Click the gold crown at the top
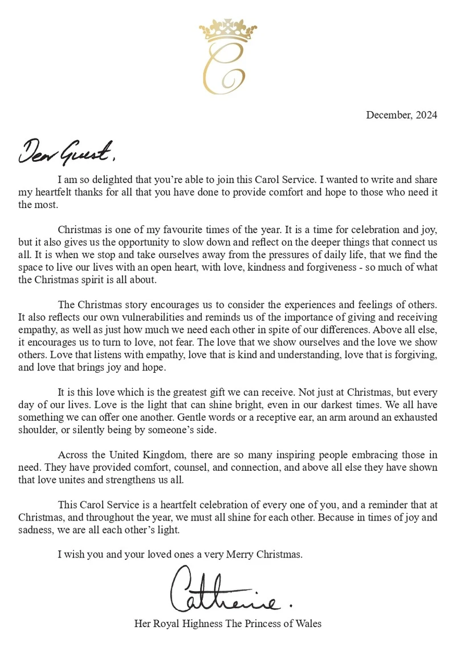pyautogui.click(x=228, y=31)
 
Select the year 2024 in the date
pyautogui.click(x=426, y=115)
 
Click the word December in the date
pyautogui.click(x=388, y=115)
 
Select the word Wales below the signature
pyautogui.click(x=308, y=624)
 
